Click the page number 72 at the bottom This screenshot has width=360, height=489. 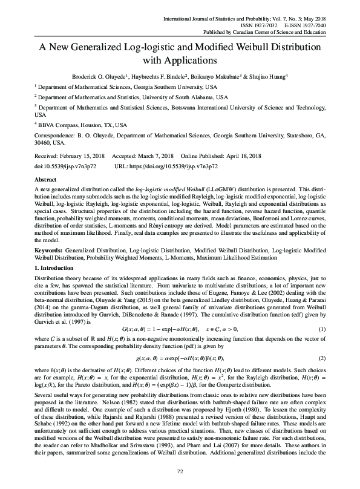click(x=180, y=471)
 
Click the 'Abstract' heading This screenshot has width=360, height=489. click(x=47, y=180)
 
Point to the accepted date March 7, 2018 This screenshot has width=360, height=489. click(x=151, y=156)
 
